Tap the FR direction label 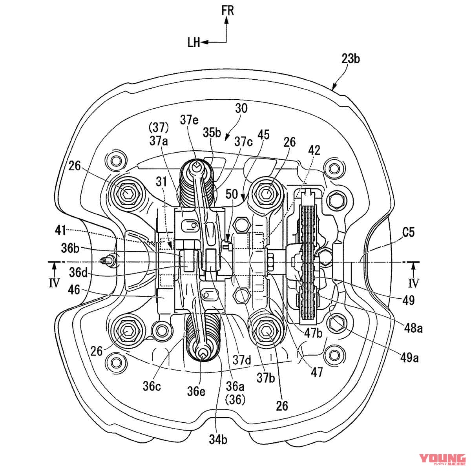click(228, 11)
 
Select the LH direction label click(194, 42)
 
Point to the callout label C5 click(408, 233)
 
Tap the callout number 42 click(314, 150)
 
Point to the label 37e click(190, 119)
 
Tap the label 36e click(195, 391)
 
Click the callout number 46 click(74, 290)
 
